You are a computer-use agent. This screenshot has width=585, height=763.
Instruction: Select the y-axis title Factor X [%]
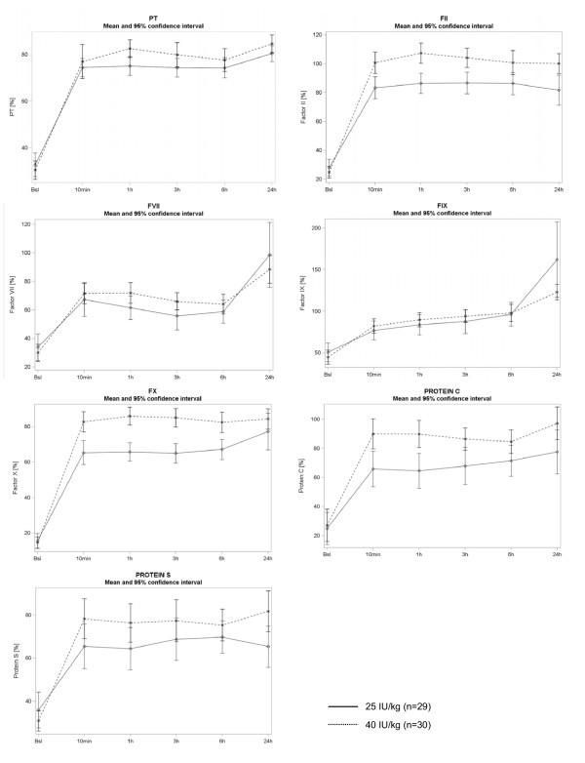[13, 475]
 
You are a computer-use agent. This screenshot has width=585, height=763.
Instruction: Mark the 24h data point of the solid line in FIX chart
[556, 260]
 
